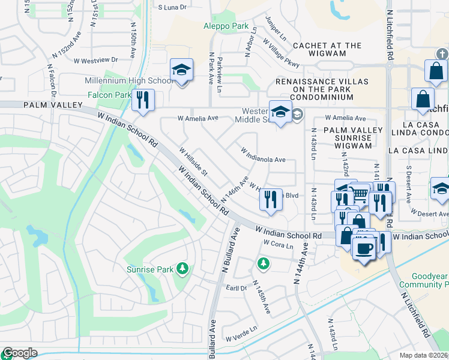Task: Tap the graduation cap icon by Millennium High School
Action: coord(181,70)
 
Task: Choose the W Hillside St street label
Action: coord(193,162)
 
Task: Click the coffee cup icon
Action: coord(364,248)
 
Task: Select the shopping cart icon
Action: coord(359,193)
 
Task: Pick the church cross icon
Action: coord(442,54)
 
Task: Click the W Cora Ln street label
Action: coord(278,244)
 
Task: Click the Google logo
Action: coord(19,353)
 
